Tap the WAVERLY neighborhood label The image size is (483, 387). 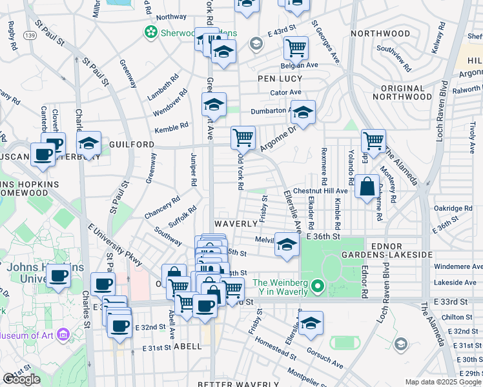[236, 223]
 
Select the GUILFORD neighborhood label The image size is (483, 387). [132, 144]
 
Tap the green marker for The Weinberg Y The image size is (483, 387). [316, 285]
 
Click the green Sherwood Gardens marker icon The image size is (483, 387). [150, 31]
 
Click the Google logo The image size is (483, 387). [21, 379]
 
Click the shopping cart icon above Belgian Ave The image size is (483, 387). [296, 46]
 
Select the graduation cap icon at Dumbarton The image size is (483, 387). [302, 112]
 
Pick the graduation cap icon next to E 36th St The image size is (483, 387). [287, 244]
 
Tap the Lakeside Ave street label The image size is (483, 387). [457, 283]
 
